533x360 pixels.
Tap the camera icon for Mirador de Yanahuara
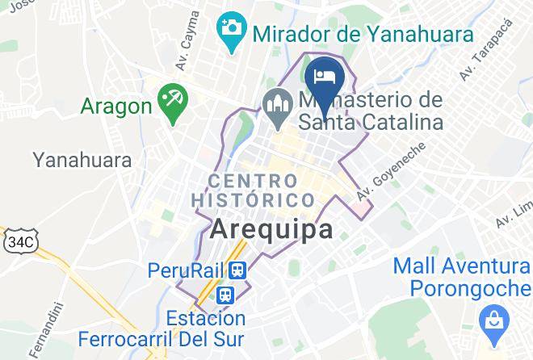pos(232,27)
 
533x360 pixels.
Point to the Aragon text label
pos(116,106)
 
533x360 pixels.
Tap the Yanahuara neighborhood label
pos(82,160)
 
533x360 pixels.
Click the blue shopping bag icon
pos(490,321)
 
